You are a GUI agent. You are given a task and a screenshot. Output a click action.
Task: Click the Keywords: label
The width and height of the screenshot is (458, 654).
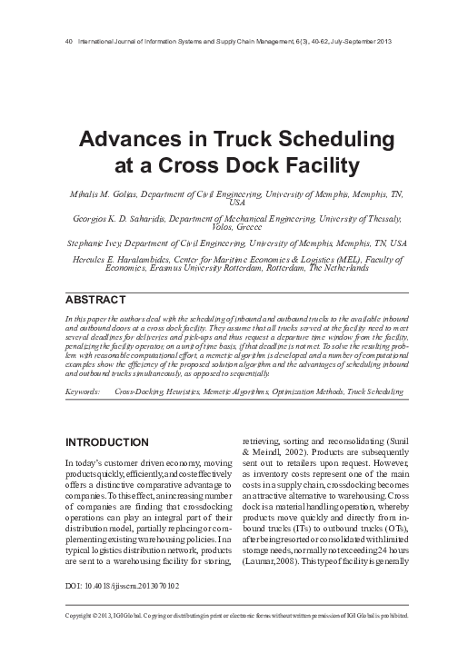pos(83,391)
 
